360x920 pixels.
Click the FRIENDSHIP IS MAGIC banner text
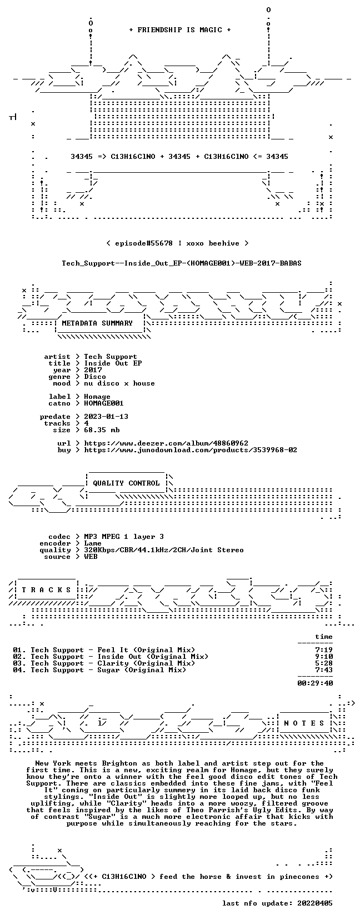point(180,30)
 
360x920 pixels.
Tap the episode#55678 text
point(144,243)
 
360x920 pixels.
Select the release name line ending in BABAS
point(182,263)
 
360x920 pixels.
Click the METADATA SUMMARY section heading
point(97,323)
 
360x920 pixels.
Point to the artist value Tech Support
point(111,357)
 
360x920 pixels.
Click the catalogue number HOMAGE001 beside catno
point(104,403)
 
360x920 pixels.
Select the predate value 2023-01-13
point(106,417)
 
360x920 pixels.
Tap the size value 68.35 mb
point(102,430)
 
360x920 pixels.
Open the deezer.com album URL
point(166,443)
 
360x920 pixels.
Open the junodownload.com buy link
point(191,450)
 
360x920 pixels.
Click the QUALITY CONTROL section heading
point(126,483)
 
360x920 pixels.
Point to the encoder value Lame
point(93,543)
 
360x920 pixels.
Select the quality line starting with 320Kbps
point(164,550)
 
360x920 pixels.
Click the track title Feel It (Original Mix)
point(146,650)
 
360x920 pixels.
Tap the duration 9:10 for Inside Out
point(324,657)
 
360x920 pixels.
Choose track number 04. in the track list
point(19,670)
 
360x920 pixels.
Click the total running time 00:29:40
point(315,683)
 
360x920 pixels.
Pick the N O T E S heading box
point(304,723)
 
